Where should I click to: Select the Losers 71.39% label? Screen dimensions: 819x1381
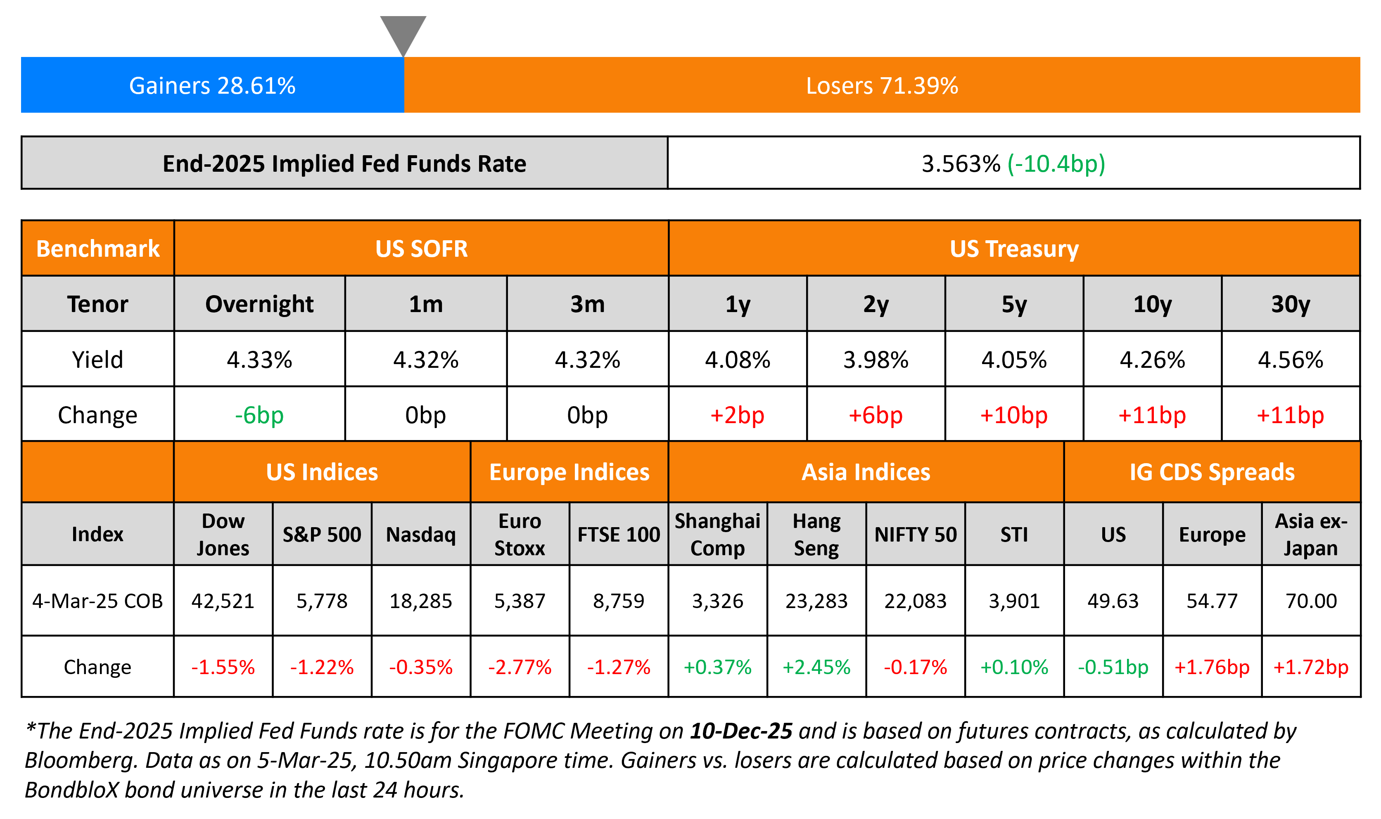(x=881, y=85)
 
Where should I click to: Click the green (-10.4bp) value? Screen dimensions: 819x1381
(x=1056, y=164)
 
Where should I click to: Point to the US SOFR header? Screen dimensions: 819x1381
(x=421, y=249)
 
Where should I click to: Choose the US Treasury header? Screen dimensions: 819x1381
(x=1014, y=249)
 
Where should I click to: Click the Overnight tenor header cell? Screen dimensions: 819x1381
(x=259, y=304)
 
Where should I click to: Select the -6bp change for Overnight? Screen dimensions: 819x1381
(x=259, y=415)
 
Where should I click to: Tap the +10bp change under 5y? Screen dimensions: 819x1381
(x=1013, y=415)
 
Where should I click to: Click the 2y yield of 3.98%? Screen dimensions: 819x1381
(x=876, y=360)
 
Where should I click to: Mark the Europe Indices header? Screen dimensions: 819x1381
(x=569, y=472)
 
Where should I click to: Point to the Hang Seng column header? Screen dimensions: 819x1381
(x=816, y=534)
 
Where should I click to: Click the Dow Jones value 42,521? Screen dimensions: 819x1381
(x=223, y=601)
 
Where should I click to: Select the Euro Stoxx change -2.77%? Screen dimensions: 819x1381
(x=520, y=667)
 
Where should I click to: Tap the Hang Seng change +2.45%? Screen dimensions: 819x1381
(x=816, y=667)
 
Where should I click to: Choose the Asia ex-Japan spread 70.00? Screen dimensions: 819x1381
(x=1311, y=601)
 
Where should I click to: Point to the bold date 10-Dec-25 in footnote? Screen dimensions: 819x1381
(x=741, y=731)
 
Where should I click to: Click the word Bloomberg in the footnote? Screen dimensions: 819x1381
(x=81, y=760)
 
